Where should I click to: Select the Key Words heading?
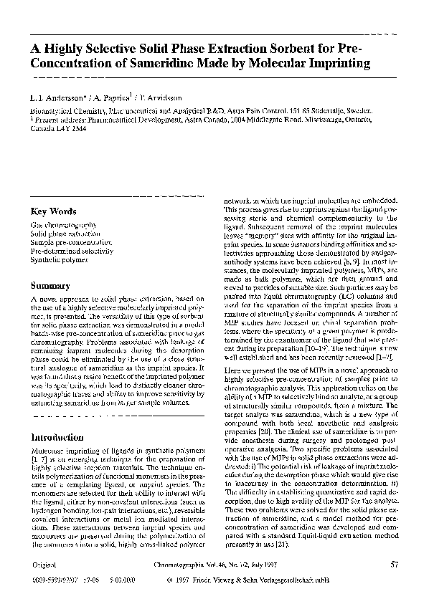[53, 212]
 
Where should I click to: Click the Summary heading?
[49, 286]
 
